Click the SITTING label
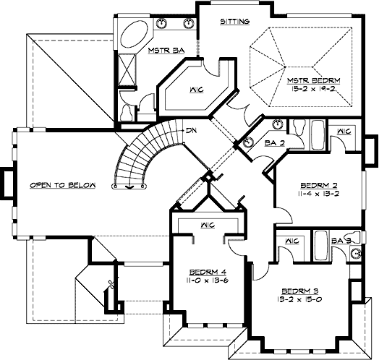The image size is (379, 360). click(x=235, y=22)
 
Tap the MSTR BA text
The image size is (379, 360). click(x=164, y=51)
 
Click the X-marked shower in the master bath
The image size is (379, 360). click(x=129, y=72)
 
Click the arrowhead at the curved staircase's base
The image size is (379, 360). click(x=129, y=187)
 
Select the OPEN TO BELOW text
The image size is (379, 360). click(x=63, y=185)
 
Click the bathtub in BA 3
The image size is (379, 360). click(x=320, y=245)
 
